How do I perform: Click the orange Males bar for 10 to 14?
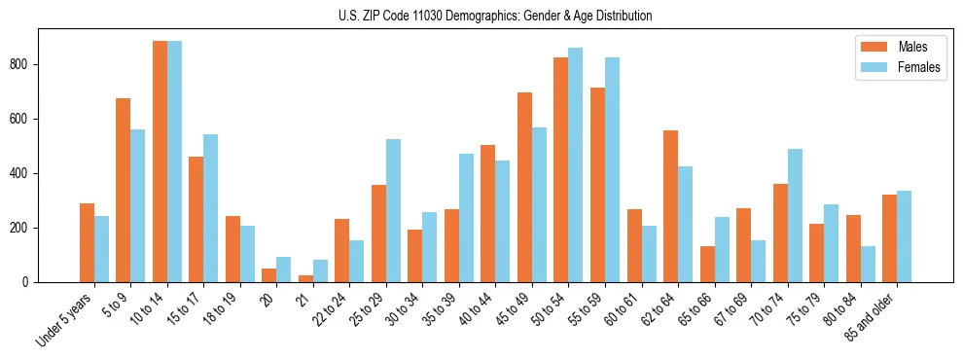(160, 162)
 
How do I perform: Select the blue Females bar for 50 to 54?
(575, 165)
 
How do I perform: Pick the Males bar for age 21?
(305, 278)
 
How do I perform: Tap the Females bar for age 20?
(283, 270)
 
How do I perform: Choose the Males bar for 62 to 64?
(670, 206)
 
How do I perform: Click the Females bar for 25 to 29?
(393, 210)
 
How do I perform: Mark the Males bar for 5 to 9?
(124, 190)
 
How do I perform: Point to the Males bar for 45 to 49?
(524, 187)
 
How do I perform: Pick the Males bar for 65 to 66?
(706, 264)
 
